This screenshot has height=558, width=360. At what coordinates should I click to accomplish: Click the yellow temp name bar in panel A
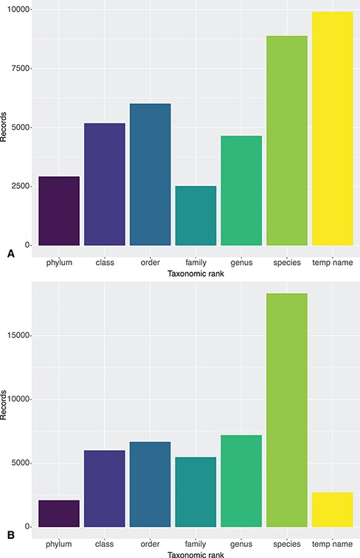(332, 128)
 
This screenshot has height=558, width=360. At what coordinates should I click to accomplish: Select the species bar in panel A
(287, 140)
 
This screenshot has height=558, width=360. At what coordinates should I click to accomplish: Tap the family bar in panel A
(195, 216)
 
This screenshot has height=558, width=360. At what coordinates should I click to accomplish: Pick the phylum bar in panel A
(59, 210)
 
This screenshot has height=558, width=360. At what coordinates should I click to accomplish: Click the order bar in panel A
(150, 174)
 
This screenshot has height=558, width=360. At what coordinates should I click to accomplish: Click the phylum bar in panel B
(59, 514)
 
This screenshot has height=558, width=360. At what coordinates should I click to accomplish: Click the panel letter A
(10, 253)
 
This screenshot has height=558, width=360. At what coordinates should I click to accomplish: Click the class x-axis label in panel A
(105, 262)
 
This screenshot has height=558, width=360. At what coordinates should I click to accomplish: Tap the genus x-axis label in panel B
(241, 542)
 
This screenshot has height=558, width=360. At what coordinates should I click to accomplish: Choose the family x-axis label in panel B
(195, 542)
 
